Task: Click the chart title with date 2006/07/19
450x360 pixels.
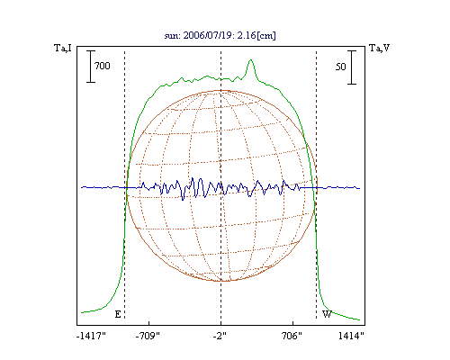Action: pos(220,35)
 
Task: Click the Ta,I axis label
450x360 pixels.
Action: pos(63,48)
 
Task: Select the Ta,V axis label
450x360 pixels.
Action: pos(379,48)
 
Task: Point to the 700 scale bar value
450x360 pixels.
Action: pos(103,66)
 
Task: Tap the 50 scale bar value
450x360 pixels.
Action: pos(341,67)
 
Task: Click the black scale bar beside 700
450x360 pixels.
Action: pos(91,67)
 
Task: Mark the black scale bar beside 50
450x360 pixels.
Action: pos(352,67)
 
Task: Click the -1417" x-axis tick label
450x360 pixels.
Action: pos(91,336)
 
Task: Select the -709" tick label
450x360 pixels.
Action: pos(148,336)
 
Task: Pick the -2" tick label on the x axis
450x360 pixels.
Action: pos(220,336)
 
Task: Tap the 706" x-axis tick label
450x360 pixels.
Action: pos(292,336)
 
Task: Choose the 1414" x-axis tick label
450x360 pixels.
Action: pos(351,336)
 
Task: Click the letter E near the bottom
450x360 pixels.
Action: pos(118,314)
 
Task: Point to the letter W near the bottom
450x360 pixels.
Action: pos(327,314)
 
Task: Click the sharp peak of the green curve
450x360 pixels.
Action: pos(251,60)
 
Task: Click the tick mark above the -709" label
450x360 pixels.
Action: pos(149,323)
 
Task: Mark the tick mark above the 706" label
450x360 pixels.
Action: pos(292,323)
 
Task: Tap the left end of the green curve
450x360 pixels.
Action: pos(81,313)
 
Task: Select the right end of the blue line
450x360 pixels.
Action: pos(360,188)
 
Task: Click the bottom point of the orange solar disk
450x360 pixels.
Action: pos(222,281)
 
